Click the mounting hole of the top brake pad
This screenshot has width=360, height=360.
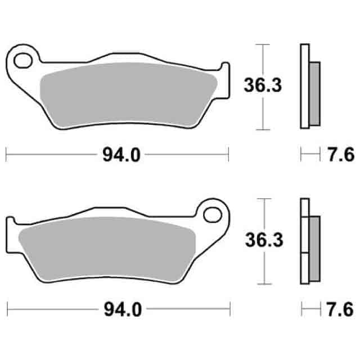(24, 58)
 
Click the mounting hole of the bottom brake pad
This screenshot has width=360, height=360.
(213, 214)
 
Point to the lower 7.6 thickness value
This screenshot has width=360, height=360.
(339, 309)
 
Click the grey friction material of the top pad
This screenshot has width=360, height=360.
(129, 93)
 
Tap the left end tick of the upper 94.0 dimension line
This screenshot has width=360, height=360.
(6, 154)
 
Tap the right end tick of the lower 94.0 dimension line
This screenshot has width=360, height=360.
(230, 308)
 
